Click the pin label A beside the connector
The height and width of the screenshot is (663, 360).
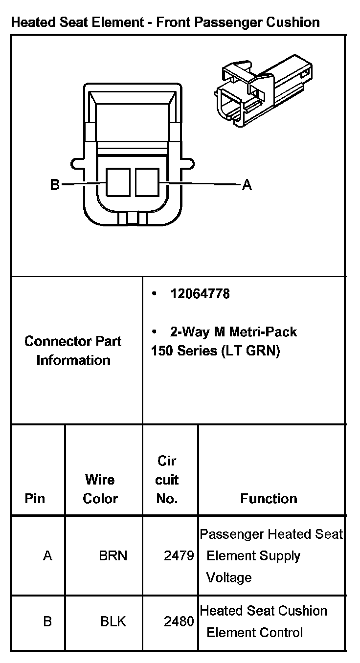click(x=247, y=185)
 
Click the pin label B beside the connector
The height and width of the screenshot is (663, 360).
click(x=55, y=185)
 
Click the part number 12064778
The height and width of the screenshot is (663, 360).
click(x=200, y=294)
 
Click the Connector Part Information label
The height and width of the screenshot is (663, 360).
click(x=73, y=351)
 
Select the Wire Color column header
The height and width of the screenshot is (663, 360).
click(x=100, y=489)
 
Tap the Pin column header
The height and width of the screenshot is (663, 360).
click(x=35, y=499)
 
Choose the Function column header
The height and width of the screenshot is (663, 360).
click(x=269, y=499)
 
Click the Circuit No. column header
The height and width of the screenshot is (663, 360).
click(x=167, y=480)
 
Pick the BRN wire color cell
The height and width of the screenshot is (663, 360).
click(x=113, y=556)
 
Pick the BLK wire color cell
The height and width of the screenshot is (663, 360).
click(x=113, y=621)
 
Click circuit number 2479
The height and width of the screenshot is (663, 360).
click(x=179, y=556)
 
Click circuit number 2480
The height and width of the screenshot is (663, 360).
click(x=179, y=621)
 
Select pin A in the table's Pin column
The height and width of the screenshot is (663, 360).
click(x=47, y=556)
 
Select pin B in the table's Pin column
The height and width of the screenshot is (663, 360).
click(x=47, y=621)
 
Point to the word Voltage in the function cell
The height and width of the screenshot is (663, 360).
click(x=229, y=578)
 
